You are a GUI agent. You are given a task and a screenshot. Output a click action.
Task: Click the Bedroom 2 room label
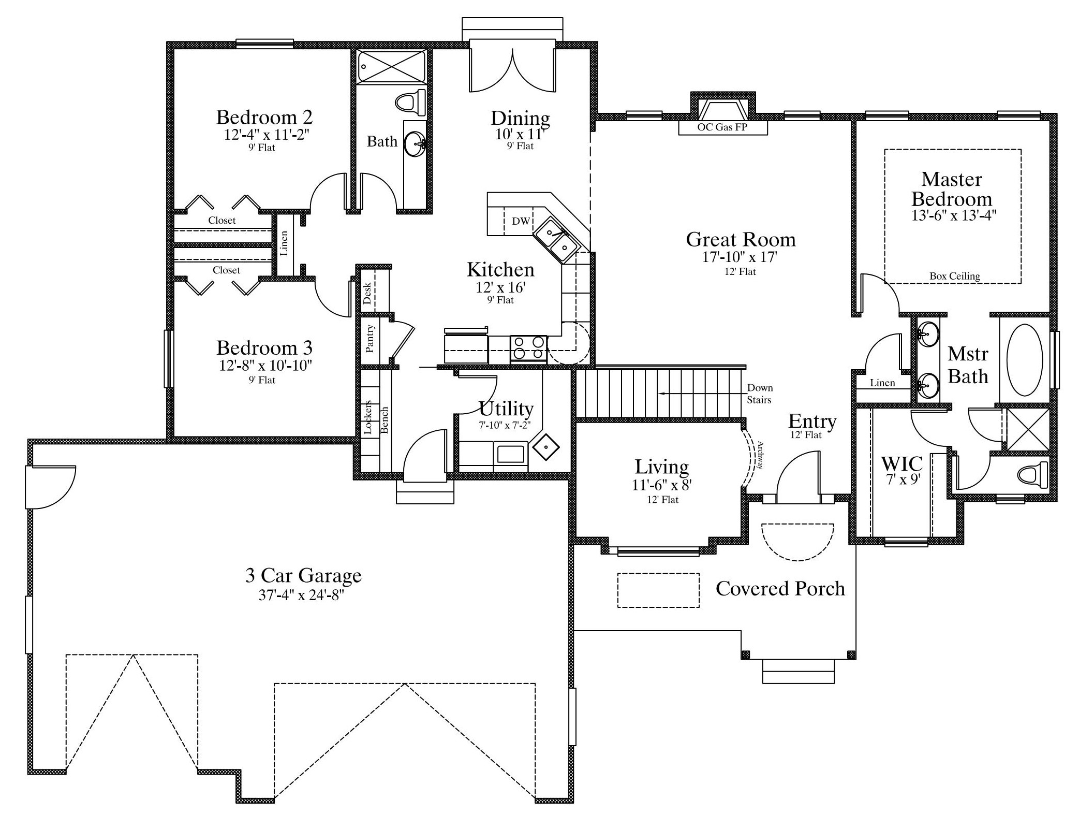pos(264,117)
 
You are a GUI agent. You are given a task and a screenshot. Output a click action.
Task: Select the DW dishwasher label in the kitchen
pos(521,221)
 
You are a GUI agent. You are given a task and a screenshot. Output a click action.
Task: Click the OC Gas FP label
pos(722,127)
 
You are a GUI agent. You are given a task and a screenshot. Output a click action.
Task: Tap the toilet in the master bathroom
pos(1031,474)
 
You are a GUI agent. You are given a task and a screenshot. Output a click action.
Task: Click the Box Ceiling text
pos(954,276)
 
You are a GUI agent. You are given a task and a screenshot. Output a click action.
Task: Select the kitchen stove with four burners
pos(528,348)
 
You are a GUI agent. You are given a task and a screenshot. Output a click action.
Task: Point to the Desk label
pos(367,293)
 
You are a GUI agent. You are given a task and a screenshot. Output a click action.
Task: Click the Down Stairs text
pos(759,394)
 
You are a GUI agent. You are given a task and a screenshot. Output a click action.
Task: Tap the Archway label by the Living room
pos(760,455)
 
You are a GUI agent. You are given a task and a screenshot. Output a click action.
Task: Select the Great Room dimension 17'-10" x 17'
pos(740,257)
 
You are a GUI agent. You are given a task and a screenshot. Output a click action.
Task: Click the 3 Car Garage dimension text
pos(302,595)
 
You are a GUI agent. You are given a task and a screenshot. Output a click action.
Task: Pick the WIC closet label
pos(901,463)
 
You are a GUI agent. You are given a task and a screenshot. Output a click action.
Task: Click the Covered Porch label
pos(780,588)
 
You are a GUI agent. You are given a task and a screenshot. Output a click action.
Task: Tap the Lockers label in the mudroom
pos(368,417)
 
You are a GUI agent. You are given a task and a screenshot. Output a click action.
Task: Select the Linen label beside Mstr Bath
pos(882,383)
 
